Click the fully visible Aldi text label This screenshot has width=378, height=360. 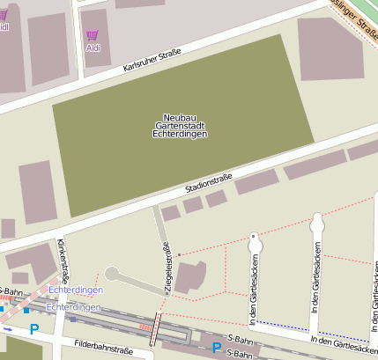click(x=93, y=48)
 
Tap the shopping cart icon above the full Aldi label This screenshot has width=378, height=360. click(x=93, y=36)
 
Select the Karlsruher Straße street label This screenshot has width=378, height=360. click(x=152, y=61)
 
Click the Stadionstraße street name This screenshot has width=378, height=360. click(x=209, y=184)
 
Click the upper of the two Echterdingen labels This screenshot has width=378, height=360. click(x=76, y=290)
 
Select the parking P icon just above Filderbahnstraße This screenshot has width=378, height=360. click(x=34, y=330)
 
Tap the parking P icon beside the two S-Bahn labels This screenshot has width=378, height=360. click(x=216, y=348)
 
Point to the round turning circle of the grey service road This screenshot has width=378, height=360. click(x=111, y=274)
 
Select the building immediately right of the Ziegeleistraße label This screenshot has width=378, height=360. click(x=191, y=277)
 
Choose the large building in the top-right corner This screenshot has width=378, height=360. click(x=330, y=48)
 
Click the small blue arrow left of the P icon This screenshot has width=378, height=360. click(x=8, y=329)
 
